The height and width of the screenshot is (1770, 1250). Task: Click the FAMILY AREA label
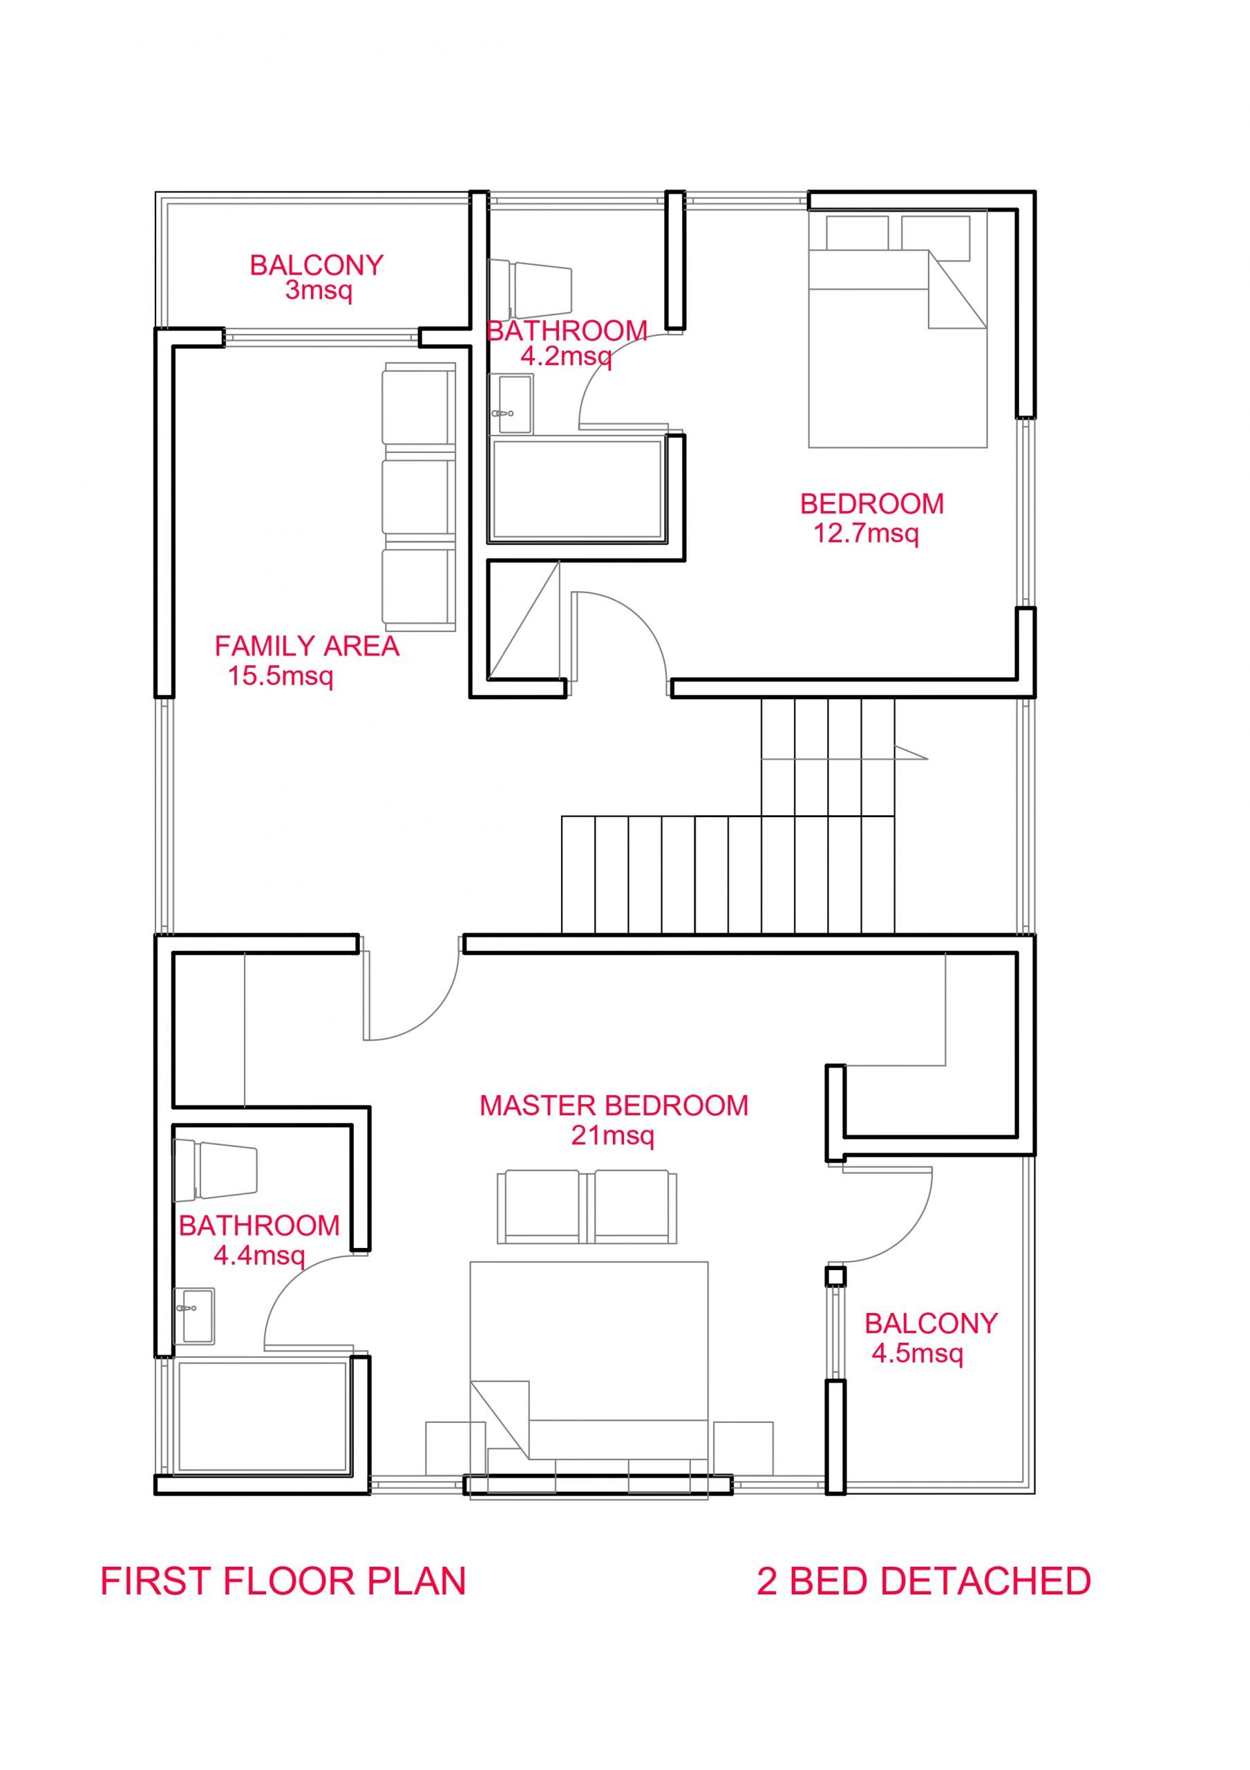click(307, 646)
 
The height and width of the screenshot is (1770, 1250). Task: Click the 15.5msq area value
click(281, 677)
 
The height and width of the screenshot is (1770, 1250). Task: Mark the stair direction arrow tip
click(928, 758)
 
